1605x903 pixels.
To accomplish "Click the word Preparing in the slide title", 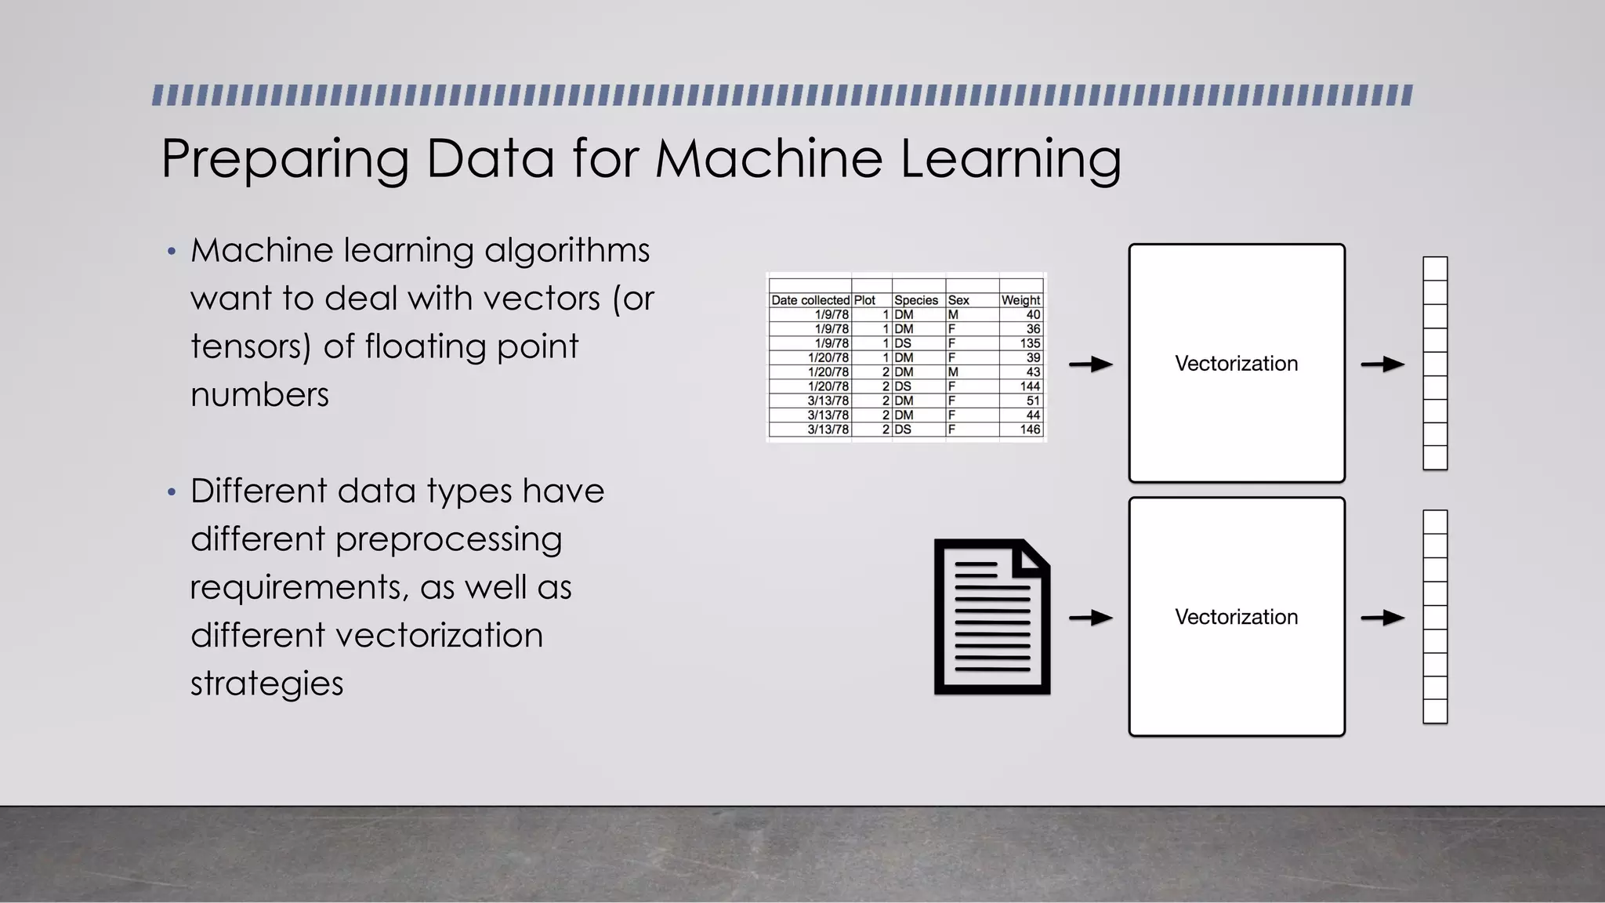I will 284,160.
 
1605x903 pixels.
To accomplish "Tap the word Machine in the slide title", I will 768,158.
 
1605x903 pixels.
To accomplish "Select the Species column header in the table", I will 915,300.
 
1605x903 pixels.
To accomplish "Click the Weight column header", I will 1020,300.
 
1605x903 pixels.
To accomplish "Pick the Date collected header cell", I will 810,300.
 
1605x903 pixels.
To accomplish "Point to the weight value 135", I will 1030,343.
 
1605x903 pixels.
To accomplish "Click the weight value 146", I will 1030,430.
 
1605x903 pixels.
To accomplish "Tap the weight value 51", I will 1033,401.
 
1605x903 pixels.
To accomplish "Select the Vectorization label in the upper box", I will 1236,364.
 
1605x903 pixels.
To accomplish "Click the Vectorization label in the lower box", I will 1236,617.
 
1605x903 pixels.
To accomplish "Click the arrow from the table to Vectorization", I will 1091,364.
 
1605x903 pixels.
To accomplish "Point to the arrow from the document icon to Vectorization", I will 1091,618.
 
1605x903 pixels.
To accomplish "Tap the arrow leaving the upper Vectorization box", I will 1382,364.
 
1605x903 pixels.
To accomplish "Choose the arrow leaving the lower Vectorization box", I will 1382,618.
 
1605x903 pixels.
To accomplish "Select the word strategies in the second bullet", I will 266,684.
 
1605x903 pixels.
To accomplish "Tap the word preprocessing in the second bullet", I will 448,540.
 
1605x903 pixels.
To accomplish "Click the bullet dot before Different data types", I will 172,492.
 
